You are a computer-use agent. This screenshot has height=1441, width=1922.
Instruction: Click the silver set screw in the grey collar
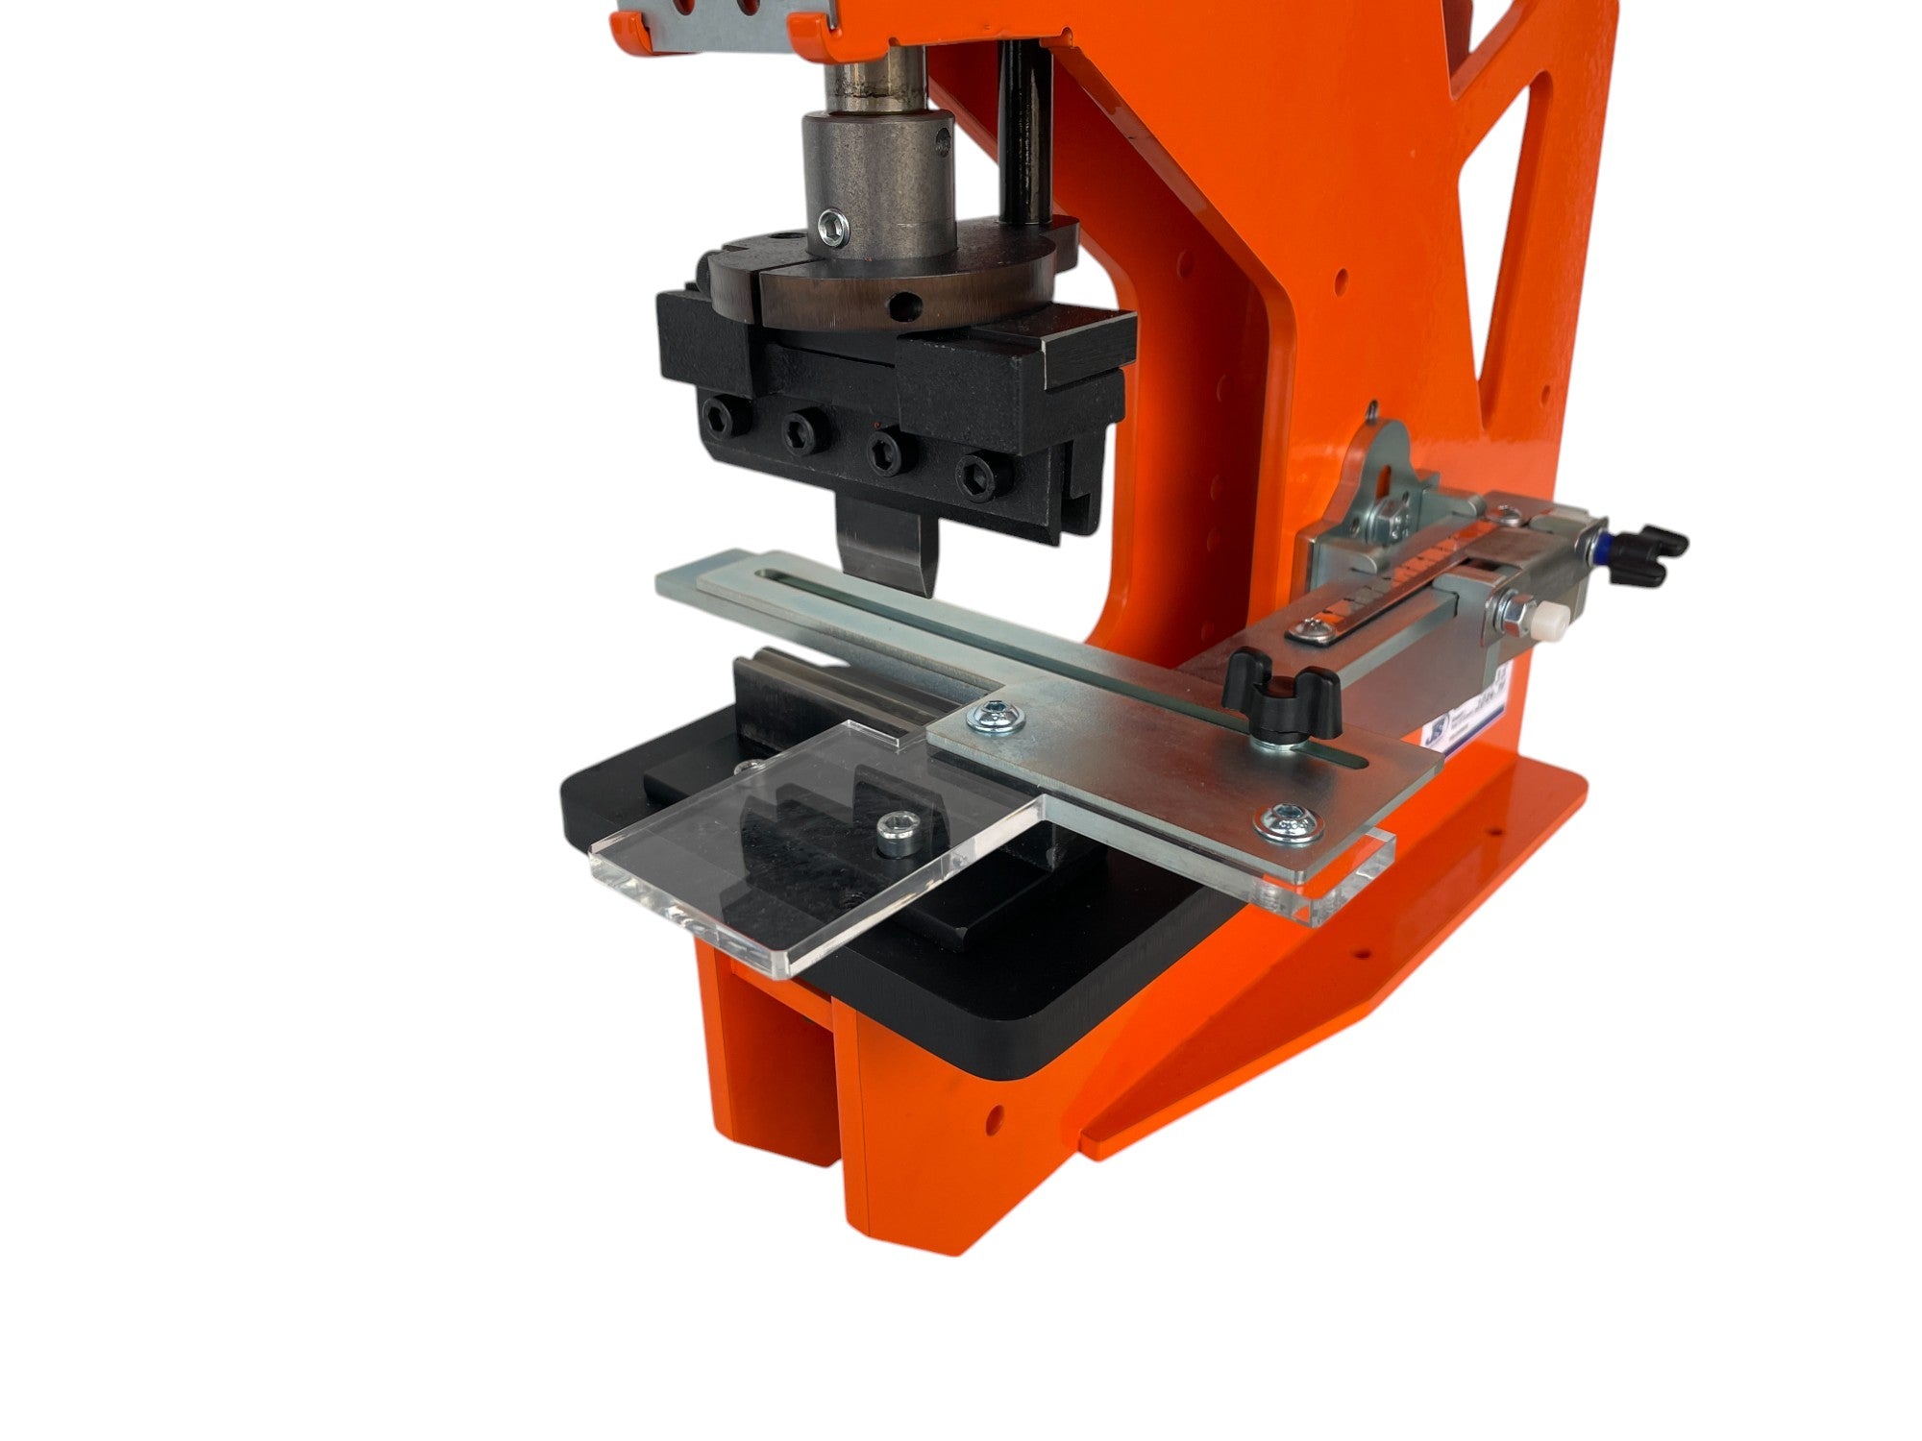[x=832, y=226]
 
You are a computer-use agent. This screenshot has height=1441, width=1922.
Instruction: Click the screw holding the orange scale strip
[x=1307, y=629]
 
